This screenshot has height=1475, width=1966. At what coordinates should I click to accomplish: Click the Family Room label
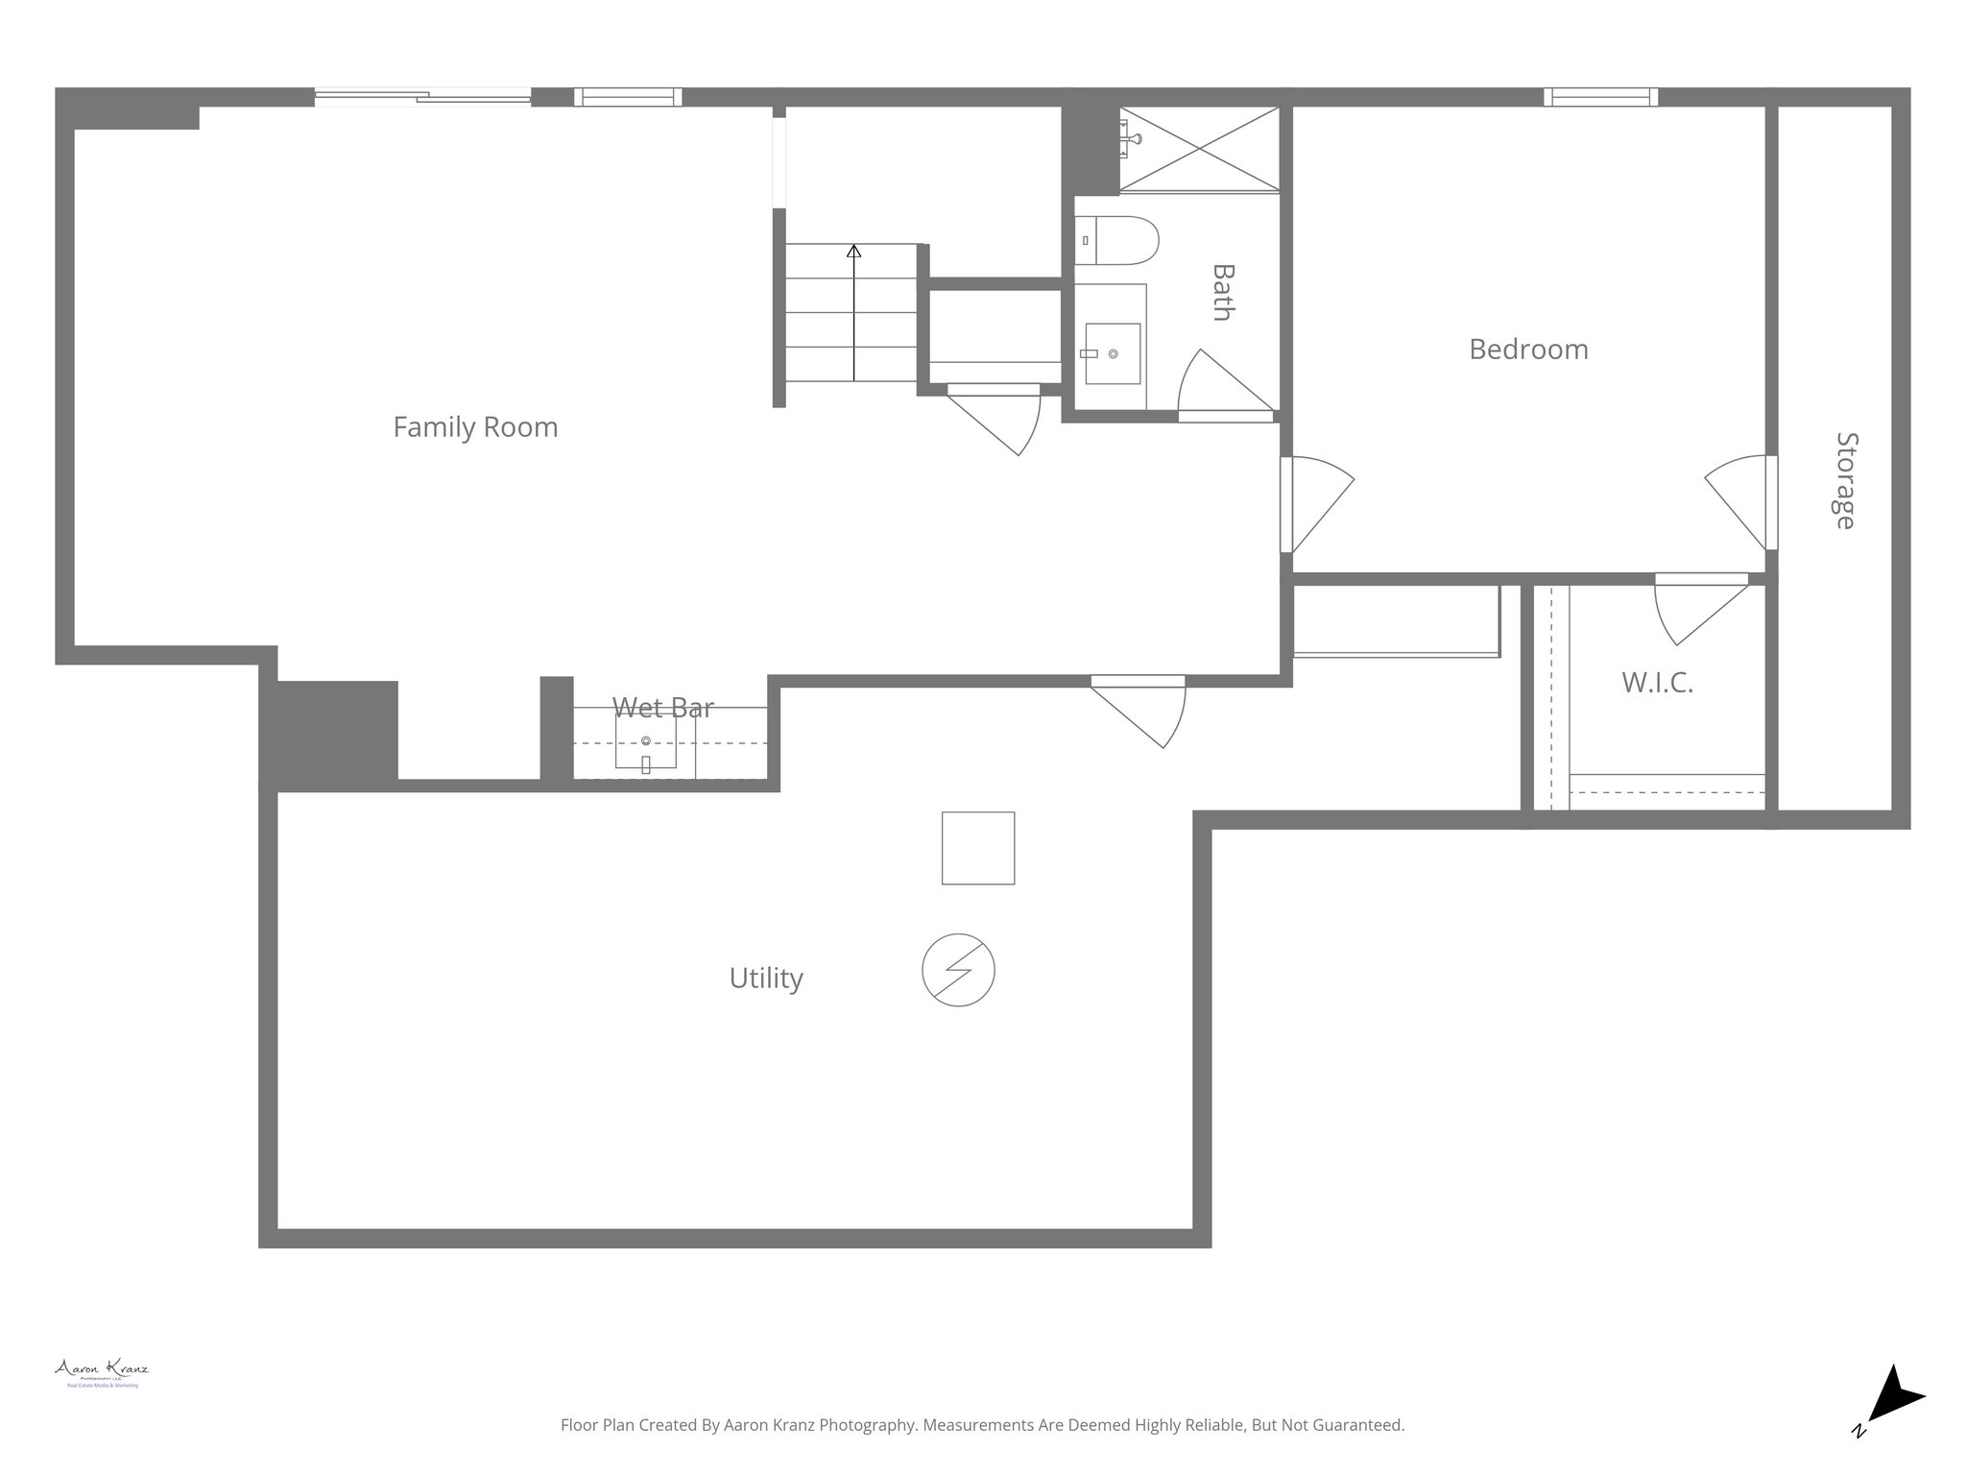click(475, 426)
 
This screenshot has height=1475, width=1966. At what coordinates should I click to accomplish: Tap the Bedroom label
click(1528, 349)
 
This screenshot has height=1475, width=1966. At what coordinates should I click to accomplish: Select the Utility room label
click(765, 978)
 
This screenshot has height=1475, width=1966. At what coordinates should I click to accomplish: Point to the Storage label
click(1845, 480)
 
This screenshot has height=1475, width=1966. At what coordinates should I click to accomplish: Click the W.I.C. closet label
click(1657, 683)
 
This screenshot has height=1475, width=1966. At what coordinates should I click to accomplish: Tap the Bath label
click(1222, 292)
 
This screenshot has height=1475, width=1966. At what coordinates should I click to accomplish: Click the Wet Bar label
click(662, 708)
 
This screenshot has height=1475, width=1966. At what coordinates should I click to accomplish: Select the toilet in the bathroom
click(1117, 240)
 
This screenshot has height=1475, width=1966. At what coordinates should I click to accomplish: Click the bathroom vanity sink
click(1112, 353)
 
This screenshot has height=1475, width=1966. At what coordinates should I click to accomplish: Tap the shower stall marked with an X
click(1200, 149)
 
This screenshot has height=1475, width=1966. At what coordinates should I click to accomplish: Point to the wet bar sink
click(646, 742)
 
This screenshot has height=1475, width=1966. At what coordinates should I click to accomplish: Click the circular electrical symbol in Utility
click(958, 970)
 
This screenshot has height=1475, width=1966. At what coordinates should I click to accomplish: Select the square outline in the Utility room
click(977, 848)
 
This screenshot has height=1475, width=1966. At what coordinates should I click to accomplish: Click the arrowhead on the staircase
click(853, 252)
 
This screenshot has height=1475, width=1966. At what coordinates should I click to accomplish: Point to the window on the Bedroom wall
click(1600, 97)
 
